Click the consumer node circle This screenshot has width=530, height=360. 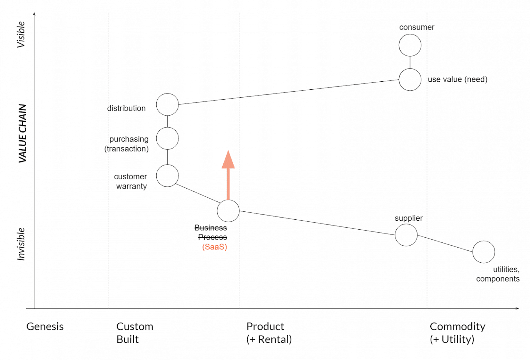(410, 45)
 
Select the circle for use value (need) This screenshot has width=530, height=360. (410, 80)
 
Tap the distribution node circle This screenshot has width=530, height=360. (167, 104)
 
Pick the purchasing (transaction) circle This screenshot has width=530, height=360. (167, 138)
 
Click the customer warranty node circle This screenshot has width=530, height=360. (167, 176)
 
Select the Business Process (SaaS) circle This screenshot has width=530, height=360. (228, 211)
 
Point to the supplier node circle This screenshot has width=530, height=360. (406, 235)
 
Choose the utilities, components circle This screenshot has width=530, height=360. (483, 252)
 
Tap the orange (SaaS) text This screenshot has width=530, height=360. (214, 247)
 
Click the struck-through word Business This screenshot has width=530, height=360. (210, 228)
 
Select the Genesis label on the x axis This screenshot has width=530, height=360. (45, 327)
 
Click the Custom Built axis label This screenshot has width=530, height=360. (135, 333)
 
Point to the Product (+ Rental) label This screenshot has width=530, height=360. (269, 333)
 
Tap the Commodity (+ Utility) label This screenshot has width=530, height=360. (457, 333)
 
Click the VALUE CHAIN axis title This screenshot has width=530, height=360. (22, 133)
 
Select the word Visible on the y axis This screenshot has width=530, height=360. (21, 34)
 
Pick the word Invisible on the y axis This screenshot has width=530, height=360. (21, 244)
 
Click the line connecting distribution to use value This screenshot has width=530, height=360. (288, 92)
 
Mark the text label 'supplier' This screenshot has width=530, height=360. (409, 218)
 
